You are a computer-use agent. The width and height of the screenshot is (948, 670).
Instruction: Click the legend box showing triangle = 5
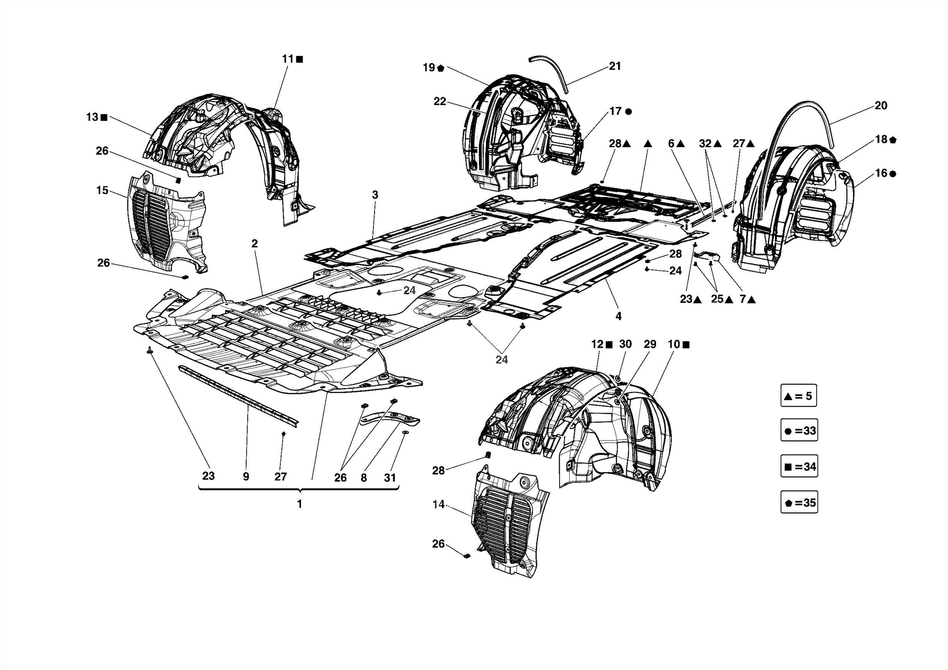[798, 396]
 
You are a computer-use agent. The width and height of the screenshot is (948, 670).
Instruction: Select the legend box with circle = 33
[799, 431]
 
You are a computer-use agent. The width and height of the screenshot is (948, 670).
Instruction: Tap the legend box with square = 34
[799, 467]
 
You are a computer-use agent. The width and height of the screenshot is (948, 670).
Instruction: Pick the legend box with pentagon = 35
[799, 502]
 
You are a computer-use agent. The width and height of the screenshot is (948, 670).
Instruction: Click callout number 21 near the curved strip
[615, 66]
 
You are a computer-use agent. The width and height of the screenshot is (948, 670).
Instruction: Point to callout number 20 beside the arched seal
[881, 106]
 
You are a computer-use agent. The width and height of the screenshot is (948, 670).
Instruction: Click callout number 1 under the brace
[299, 504]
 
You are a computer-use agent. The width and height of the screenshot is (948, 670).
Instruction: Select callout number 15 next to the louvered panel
[102, 190]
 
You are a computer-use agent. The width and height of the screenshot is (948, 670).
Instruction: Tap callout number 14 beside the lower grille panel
[438, 505]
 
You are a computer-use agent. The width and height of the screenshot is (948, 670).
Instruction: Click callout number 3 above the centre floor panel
[375, 195]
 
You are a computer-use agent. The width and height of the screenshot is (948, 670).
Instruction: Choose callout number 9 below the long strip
[246, 476]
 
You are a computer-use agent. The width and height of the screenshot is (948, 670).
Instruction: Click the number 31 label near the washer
[390, 477]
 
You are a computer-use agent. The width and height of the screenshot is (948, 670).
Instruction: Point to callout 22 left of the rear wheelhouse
[440, 101]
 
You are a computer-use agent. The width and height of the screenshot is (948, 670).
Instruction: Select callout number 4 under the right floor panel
[618, 316]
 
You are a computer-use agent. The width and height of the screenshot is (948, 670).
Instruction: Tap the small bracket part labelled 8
[391, 419]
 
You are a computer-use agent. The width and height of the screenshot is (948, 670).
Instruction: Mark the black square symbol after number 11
[299, 59]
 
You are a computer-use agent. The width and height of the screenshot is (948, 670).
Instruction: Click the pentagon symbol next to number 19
[440, 69]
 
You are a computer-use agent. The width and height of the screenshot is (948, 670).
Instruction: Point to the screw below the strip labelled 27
[284, 434]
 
